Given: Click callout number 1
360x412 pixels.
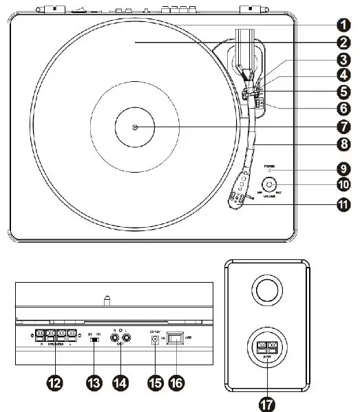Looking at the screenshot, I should [x=339, y=24].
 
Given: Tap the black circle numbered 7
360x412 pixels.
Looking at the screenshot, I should [x=339, y=127].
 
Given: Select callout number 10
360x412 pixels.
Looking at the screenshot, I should [x=339, y=184].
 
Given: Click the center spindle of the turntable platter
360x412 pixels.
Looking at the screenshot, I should [x=135, y=127].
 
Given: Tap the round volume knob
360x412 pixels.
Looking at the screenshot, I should [x=269, y=184].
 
